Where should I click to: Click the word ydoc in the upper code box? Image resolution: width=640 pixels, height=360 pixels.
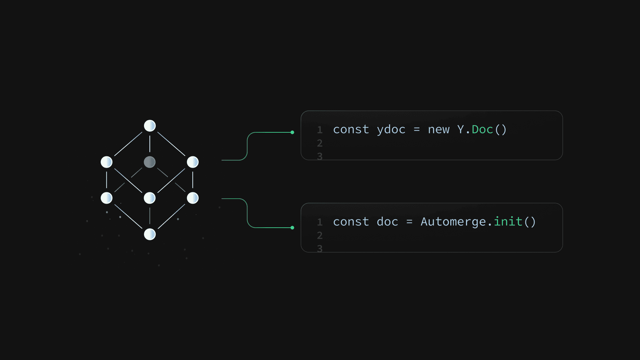(x=391, y=130)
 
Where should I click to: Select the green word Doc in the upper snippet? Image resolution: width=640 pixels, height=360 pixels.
(x=482, y=129)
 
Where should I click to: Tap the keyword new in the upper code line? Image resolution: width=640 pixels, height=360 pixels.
(x=439, y=130)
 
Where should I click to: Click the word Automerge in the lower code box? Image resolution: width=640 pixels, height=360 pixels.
(x=453, y=222)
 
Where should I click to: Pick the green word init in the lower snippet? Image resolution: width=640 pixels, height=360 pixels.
(x=508, y=221)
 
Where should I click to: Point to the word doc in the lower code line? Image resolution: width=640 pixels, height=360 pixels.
(x=387, y=222)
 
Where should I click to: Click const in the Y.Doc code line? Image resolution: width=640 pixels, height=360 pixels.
(x=351, y=130)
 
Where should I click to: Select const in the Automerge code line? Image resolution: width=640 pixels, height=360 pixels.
(x=351, y=222)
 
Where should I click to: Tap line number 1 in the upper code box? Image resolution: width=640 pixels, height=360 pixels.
(x=320, y=130)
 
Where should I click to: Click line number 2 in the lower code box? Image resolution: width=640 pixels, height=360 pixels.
(x=320, y=236)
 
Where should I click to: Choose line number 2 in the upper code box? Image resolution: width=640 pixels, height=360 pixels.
(x=320, y=143)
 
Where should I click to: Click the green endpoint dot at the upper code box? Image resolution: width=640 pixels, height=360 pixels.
(x=292, y=132)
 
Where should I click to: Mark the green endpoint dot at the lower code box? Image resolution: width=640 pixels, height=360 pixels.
(x=292, y=228)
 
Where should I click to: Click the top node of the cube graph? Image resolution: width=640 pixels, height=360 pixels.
(x=150, y=126)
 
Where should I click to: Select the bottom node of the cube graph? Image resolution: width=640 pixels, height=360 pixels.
(x=150, y=234)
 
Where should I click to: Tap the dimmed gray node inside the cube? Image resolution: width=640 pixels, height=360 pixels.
(x=150, y=162)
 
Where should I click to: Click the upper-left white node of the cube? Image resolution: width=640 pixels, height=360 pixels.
(x=107, y=162)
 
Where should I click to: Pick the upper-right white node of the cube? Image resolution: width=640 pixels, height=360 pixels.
(x=193, y=162)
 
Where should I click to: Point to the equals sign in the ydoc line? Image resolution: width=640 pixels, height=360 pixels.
(x=417, y=130)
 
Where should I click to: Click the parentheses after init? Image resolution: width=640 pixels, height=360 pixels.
(x=530, y=222)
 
